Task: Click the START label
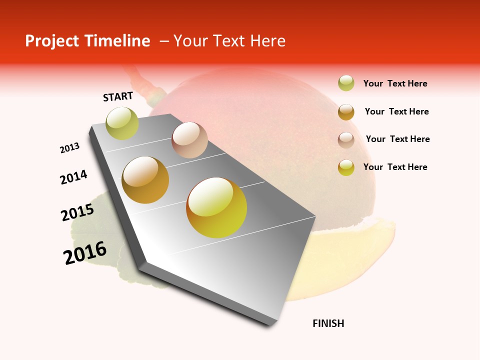pyautogui.click(x=118, y=96)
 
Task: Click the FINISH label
pyautogui.click(x=328, y=323)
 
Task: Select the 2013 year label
pyautogui.click(x=70, y=148)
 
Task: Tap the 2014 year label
pyautogui.click(x=74, y=177)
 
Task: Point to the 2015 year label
pyautogui.click(x=77, y=212)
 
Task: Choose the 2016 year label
pyautogui.click(x=85, y=253)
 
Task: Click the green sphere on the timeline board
pyautogui.click(x=122, y=123)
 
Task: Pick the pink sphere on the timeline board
pyautogui.click(x=189, y=140)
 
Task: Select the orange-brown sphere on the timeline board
pyautogui.click(x=145, y=180)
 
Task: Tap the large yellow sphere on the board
pyautogui.click(x=216, y=207)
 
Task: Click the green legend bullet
pyautogui.click(x=346, y=83)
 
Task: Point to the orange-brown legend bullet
pyautogui.click(x=346, y=112)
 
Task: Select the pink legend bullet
pyautogui.click(x=346, y=140)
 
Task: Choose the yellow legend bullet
pyautogui.click(x=346, y=167)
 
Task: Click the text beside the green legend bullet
pyautogui.click(x=395, y=83)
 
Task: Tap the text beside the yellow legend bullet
pyautogui.click(x=395, y=167)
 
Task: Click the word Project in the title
pyautogui.click(x=52, y=41)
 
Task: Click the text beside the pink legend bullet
pyautogui.click(x=397, y=139)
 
